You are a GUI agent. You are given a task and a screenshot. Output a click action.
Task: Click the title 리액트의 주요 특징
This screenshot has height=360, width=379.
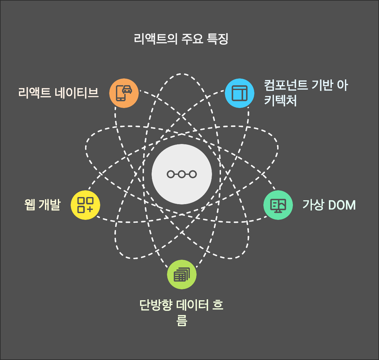[x=181, y=39]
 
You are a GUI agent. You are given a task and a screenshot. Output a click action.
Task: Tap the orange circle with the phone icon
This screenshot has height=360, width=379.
[x=124, y=93]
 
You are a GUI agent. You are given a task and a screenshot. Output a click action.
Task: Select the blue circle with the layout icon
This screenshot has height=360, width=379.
[x=240, y=93]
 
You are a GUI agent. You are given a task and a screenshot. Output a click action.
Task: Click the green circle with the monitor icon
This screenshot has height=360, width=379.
[x=278, y=205]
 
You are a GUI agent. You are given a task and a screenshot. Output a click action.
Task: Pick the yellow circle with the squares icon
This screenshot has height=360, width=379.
[x=85, y=205]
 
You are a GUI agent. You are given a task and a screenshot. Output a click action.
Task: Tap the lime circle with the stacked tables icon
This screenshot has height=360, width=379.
[x=182, y=274]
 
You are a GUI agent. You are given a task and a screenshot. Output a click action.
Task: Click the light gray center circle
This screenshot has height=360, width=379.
[x=182, y=174]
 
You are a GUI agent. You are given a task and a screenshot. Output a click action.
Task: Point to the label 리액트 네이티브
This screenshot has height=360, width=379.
[x=58, y=93]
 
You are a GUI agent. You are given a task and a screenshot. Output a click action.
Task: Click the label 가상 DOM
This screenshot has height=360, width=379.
[x=329, y=205]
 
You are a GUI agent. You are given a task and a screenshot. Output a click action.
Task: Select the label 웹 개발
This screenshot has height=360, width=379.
[x=42, y=205]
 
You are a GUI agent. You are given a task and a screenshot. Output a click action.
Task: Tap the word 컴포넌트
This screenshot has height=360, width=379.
[x=286, y=85]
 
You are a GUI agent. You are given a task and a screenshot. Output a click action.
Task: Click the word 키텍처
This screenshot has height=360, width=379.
[x=280, y=101]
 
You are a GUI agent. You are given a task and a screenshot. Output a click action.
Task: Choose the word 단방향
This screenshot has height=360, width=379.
[x=156, y=305]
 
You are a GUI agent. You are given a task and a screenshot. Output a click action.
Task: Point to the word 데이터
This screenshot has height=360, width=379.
[x=192, y=305]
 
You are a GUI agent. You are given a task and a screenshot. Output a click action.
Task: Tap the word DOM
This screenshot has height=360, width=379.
[x=342, y=205]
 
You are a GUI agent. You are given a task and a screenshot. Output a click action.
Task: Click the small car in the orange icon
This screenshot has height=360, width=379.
[x=127, y=89]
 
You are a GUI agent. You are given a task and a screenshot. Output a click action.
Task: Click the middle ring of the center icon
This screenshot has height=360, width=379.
[x=182, y=174]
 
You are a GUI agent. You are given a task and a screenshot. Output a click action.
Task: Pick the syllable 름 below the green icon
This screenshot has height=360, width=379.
[x=182, y=320]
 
